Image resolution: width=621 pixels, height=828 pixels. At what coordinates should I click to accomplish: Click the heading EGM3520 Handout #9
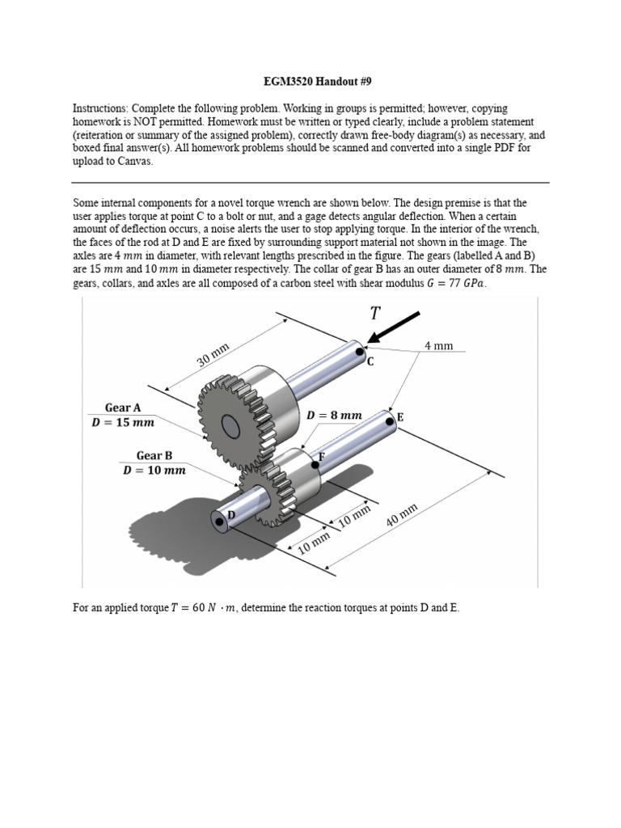(310, 82)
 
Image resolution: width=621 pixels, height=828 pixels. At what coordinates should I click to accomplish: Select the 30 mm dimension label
(214, 355)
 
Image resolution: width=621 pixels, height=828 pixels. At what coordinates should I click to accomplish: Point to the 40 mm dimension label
(402, 515)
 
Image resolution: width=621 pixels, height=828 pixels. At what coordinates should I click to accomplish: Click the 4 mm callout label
(438, 345)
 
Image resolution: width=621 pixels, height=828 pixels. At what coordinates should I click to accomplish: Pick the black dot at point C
(360, 351)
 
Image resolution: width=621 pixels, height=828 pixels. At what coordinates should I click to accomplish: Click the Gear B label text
(154, 455)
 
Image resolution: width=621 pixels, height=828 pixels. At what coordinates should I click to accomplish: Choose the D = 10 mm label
(154, 470)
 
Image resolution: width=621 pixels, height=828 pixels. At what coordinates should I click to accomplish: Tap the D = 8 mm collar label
(334, 415)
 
